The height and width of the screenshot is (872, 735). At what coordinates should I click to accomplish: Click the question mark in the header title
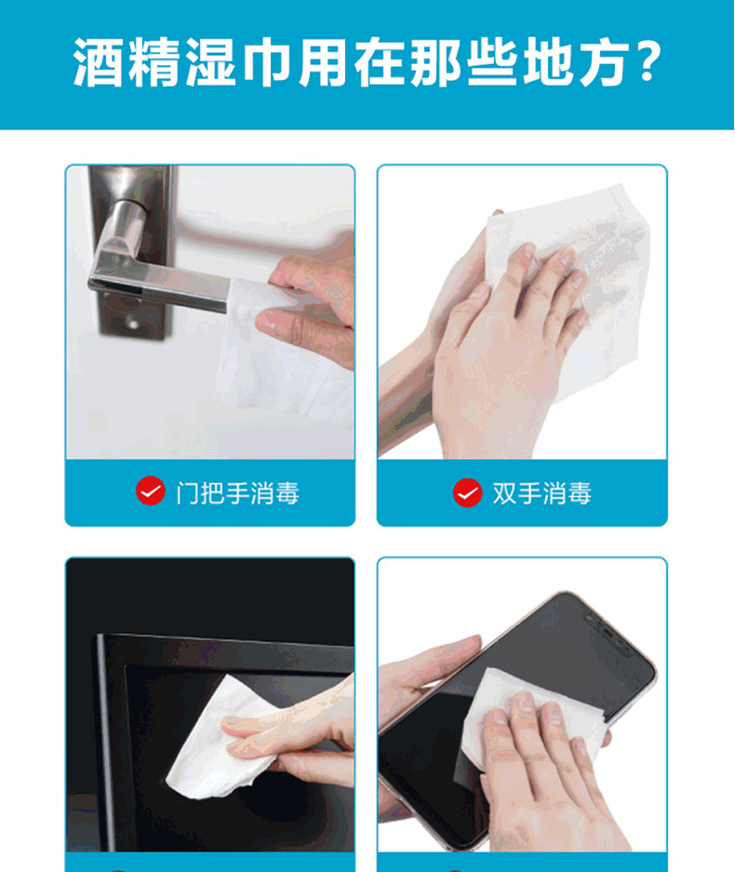tap(648, 61)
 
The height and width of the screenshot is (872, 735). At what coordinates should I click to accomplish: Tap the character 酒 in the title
tap(98, 61)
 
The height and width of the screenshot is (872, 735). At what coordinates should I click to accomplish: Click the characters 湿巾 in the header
tap(239, 61)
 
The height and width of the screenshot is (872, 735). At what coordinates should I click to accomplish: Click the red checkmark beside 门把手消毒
tap(151, 491)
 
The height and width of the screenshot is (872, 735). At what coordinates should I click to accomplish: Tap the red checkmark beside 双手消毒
tap(468, 492)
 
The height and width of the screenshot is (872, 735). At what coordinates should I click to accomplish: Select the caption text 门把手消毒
tap(238, 493)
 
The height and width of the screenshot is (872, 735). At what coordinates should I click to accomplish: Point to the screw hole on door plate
tap(132, 321)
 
